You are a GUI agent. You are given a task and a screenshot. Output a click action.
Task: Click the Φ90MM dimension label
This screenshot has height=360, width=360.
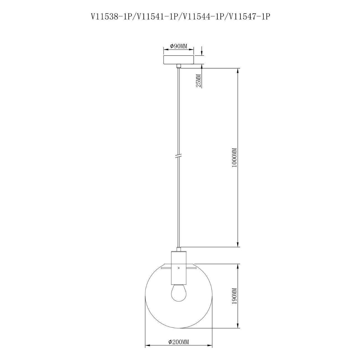[x=179, y=46]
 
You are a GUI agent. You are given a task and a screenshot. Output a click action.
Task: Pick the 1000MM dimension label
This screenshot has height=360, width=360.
[x=234, y=157]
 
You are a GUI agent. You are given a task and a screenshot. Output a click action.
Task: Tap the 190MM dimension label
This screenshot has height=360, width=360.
[x=234, y=296]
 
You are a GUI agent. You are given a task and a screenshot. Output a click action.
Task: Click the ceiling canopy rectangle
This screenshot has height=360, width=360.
[x=179, y=60]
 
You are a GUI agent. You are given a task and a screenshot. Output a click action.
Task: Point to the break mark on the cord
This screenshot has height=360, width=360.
[x=179, y=156]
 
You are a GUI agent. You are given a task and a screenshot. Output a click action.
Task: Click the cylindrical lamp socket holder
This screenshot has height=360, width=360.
[x=179, y=267]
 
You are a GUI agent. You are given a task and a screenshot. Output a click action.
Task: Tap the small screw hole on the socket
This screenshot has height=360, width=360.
[x=179, y=268]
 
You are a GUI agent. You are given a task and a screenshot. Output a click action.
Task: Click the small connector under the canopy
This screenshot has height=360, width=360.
[x=179, y=66]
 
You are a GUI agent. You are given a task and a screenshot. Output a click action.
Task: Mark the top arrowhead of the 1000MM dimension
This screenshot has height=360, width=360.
[x=238, y=70]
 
